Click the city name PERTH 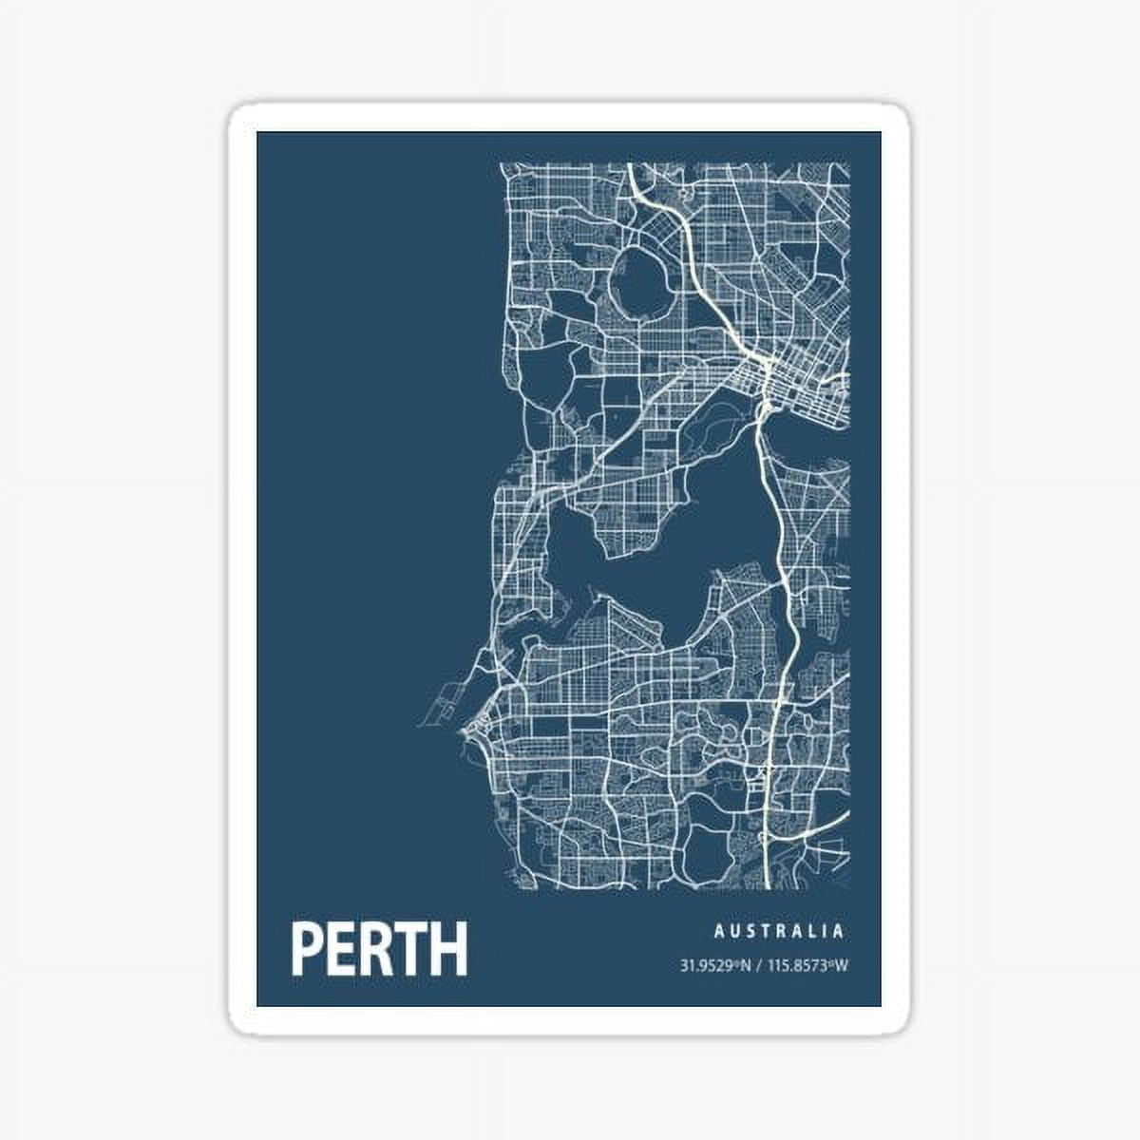pyautogui.click(x=379, y=948)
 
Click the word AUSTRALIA pyautogui.click(x=779, y=932)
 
